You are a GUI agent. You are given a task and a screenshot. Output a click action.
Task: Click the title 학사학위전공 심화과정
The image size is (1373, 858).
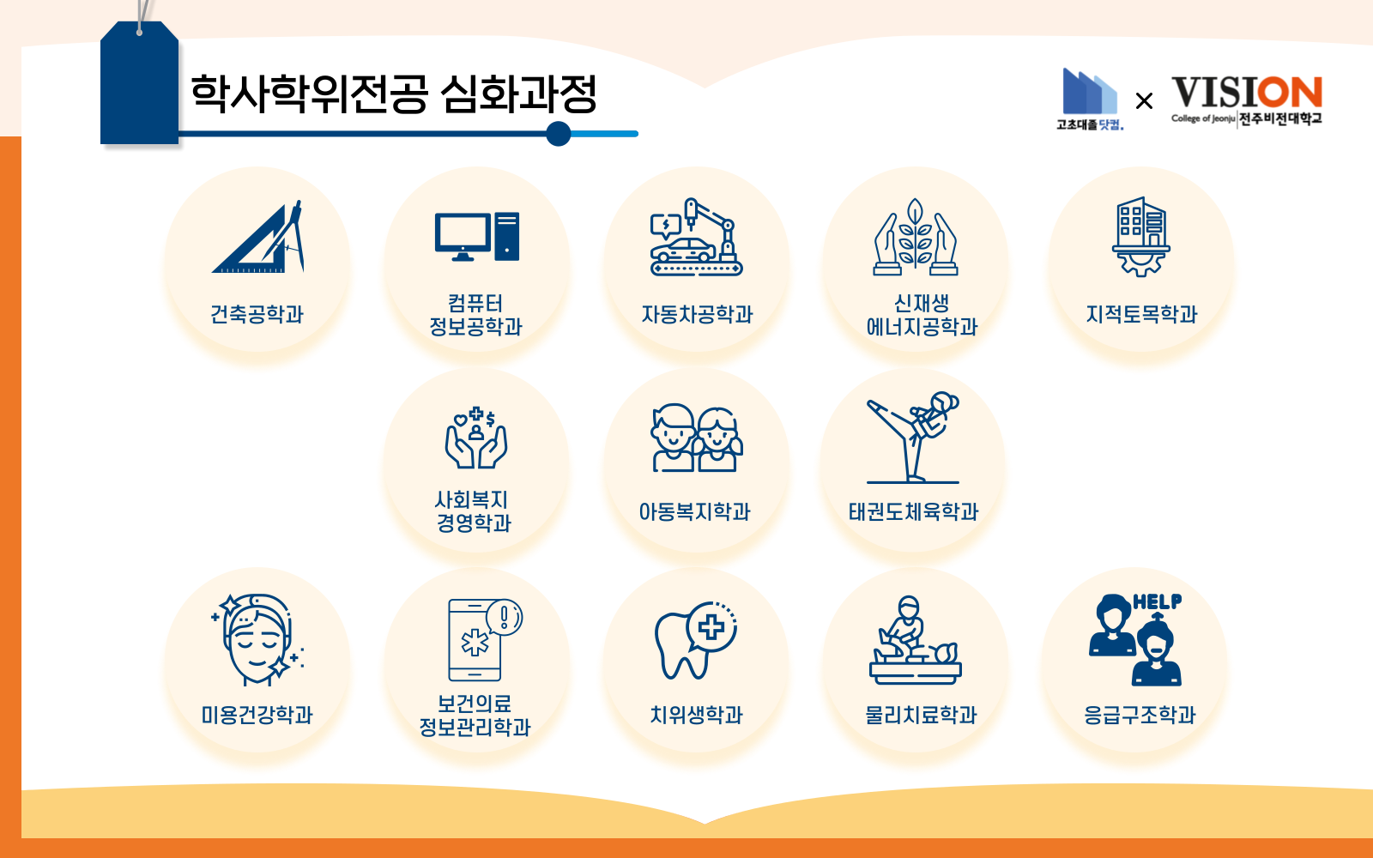tap(394, 94)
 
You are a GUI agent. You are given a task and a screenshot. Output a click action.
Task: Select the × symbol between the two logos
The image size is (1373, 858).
tap(1144, 100)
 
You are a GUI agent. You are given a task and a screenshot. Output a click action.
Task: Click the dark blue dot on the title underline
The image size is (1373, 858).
tap(559, 134)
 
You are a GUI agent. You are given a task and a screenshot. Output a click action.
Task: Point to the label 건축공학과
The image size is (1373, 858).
tap(257, 314)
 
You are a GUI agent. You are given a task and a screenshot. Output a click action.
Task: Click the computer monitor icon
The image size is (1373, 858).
tap(463, 237)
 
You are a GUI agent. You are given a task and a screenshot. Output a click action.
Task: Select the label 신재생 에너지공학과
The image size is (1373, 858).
tap(922, 315)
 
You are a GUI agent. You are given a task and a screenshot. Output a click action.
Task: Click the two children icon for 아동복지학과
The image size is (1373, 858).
tap(696, 438)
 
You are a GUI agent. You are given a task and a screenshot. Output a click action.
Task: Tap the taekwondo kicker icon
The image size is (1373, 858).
tap(913, 438)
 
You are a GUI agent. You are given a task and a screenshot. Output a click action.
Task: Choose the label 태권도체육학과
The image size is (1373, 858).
tap(913, 511)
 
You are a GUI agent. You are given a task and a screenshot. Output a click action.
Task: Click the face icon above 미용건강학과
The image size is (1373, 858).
tap(257, 639)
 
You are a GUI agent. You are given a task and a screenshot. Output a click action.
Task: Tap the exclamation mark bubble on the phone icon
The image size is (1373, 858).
tap(504, 617)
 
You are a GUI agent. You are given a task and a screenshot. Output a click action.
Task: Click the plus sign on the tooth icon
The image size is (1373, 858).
tap(711, 627)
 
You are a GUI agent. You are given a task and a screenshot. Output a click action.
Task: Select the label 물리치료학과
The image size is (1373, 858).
tap(921, 716)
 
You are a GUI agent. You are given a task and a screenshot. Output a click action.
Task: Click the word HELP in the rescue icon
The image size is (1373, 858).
tap(1158, 601)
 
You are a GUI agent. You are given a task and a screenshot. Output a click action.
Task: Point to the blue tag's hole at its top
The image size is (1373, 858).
tap(140, 32)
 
